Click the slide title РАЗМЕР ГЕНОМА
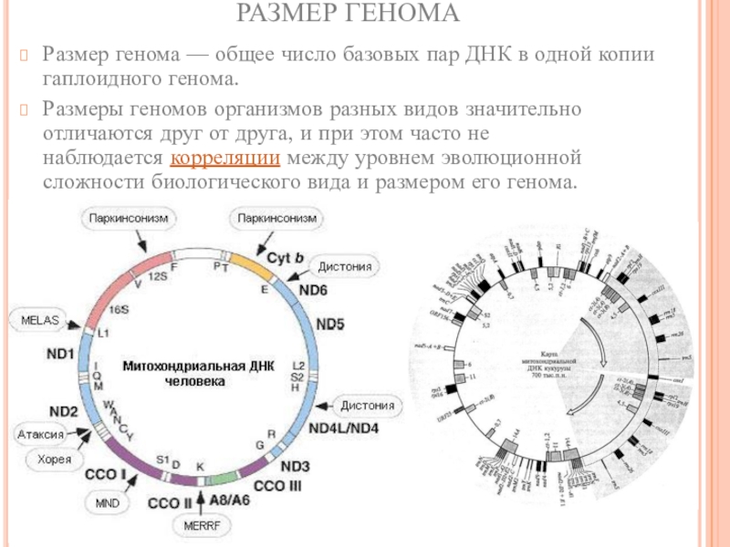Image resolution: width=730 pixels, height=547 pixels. click(x=364, y=15)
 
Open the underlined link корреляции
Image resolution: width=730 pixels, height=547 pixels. click(x=225, y=159)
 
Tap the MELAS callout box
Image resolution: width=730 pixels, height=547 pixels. click(x=36, y=320)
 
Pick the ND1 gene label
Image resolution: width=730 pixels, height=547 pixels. click(x=59, y=352)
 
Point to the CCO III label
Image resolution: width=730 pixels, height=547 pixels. click(x=276, y=485)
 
